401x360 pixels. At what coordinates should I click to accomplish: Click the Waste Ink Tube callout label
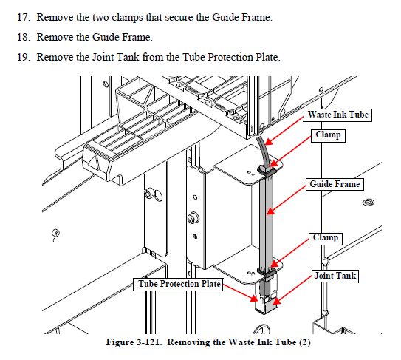(x=337, y=115)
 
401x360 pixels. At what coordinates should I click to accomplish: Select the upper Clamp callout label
(x=328, y=135)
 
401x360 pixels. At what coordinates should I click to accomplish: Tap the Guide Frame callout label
(x=335, y=184)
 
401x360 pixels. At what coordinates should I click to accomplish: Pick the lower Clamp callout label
(x=325, y=238)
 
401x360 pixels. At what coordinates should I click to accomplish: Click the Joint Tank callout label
(x=335, y=276)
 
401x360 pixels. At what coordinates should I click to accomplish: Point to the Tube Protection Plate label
(x=178, y=284)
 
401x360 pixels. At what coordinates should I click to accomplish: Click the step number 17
(x=24, y=18)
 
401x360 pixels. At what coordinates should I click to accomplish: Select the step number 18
(x=24, y=38)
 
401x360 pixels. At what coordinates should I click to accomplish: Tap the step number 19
(x=24, y=57)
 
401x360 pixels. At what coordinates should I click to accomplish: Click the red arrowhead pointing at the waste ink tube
(x=269, y=142)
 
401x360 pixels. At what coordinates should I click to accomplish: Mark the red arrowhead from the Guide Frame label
(x=271, y=211)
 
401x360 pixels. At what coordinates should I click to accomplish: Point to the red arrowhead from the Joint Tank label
(x=277, y=301)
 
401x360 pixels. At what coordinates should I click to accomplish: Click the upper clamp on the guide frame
(x=267, y=170)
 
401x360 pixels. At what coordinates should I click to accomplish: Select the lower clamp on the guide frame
(x=267, y=272)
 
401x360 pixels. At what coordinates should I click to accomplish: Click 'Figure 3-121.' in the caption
(x=134, y=342)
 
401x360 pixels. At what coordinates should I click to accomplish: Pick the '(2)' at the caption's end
(x=304, y=342)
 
